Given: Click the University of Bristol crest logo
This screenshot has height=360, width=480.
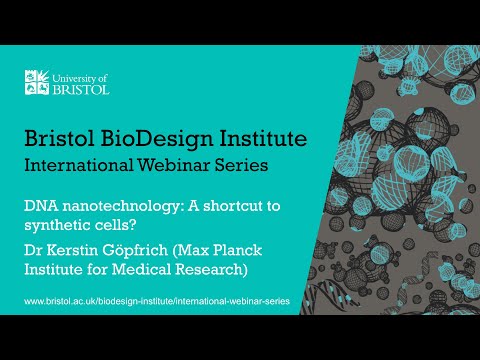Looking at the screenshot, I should pos(37,80).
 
